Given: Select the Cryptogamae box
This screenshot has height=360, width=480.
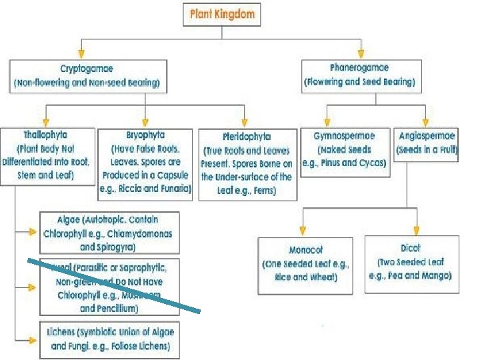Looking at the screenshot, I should pos(88,77).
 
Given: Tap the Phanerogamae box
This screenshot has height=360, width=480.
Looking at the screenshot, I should pos(359,75).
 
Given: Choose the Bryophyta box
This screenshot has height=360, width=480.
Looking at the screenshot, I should pos(145,163).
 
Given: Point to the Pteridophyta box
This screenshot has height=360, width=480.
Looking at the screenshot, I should pos(247,163).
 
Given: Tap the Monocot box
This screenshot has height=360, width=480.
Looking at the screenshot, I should pos(306,264).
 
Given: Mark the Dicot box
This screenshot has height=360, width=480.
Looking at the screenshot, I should pos(411,261).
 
